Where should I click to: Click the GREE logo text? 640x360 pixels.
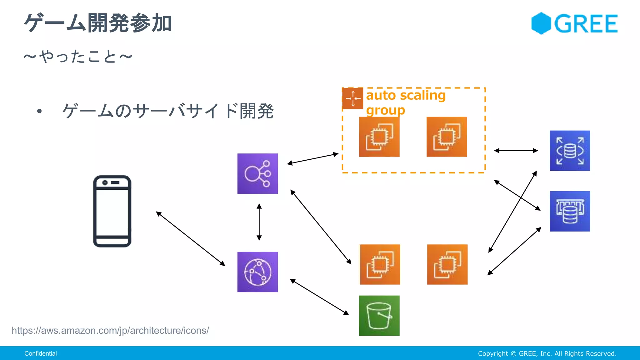click(586, 24)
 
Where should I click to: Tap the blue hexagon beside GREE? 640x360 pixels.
click(541, 23)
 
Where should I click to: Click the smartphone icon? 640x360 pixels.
click(112, 211)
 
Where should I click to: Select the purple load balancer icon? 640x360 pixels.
click(257, 173)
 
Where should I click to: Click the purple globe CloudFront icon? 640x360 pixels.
click(257, 272)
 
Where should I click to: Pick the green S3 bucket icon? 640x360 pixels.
click(379, 316)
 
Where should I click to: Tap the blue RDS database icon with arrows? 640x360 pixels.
click(570, 151)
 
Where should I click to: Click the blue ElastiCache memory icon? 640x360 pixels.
click(570, 211)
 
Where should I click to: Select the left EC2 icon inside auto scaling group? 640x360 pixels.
click(379, 137)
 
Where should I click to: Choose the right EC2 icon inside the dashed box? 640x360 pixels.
click(447, 137)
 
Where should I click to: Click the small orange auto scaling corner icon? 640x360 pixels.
click(353, 98)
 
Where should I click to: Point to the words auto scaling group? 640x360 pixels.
click(406, 102)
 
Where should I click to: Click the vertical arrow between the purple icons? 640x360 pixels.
click(259, 222)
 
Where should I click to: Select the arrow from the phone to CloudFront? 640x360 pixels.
click(191, 239)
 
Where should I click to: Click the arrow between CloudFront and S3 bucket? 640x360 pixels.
click(319, 297)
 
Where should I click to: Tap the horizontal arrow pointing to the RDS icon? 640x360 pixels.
click(516, 151)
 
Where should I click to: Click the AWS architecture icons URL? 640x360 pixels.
click(110, 330)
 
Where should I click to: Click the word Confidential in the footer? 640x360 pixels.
click(41, 353)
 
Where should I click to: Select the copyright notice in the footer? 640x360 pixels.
click(547, 353)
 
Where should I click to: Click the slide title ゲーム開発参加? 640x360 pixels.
click(98, 23)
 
